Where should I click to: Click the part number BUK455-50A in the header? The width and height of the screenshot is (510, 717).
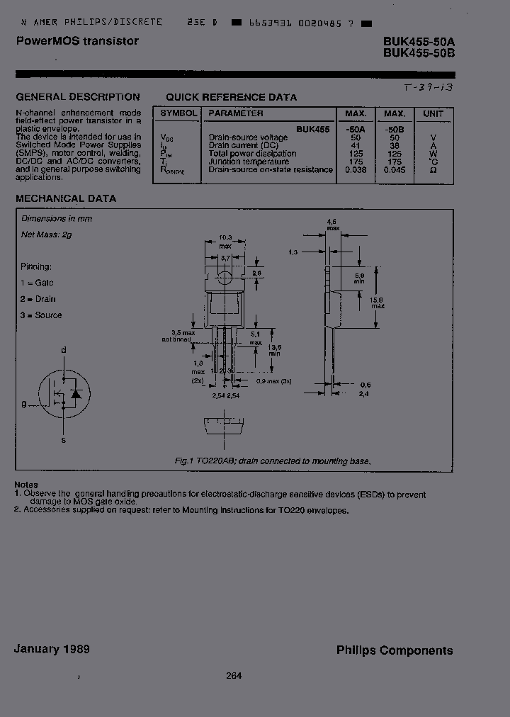pyautogui.click(x=417, y=42)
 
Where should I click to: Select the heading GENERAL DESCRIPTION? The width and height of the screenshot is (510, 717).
pyautogui.click(x=78, y=97)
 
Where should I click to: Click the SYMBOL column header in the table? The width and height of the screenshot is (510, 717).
pyautogui.click(x=177, y=113)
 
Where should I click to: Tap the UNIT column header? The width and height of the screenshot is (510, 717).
pyautogui.click(x=433, y=113)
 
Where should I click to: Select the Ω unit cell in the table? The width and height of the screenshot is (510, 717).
pyautogui.click(x=433, y=170)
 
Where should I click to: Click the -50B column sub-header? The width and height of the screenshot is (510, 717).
pyautogui.click(x=394, y=130)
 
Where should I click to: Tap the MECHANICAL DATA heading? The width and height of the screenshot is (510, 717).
pyautogui.click(x=66, y=199)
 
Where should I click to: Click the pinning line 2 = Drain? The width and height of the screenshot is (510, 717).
pyautogui.click(x=38, y=299)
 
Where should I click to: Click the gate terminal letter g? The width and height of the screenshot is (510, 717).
pyautogui.click(x=23, y=404)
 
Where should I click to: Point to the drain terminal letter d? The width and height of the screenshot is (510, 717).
pyautogui.click(x=64, y=350)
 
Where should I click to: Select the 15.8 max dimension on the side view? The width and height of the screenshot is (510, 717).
pyautogui.click(x=378, y=302)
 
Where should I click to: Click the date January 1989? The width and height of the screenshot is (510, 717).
pyautogui.click(x=52, y=649)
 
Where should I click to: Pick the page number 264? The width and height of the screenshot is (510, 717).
pyautogui.click(x=234, y=675)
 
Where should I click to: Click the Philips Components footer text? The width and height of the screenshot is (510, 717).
pyautogui.click(x=395, y=650)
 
